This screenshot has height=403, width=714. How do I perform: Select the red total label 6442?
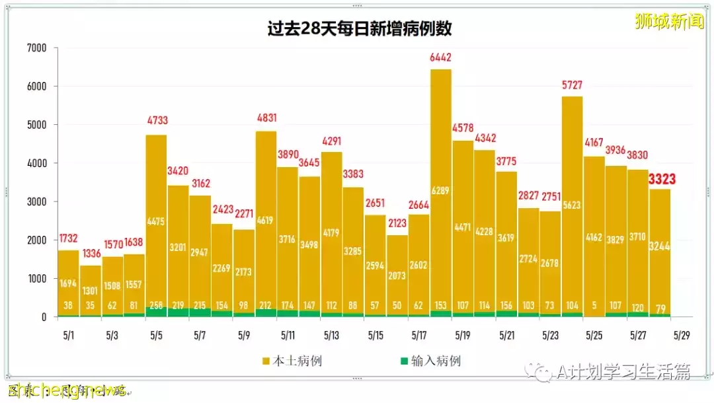pyautogui.click(x=441, y=57)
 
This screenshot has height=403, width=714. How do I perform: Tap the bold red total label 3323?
pyautogui.click(x=662, y=178)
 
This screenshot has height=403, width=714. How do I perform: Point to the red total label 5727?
pyautogui.click(x=573, y=85)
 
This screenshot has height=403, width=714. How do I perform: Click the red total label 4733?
pyautogui.click(x=157, y=121)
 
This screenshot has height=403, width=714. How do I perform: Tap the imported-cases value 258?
pyautogui.click(x=157, y=306)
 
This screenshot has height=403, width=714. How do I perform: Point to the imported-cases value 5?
pyautogui.click(x=594, y=306)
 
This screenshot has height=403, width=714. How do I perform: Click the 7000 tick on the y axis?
pyautogui.click(x=37, y=48)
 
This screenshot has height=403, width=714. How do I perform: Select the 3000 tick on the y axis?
pyautogui.click(x=37, y=201)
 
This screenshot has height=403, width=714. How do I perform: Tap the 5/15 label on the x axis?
pyautogui.click(x=376, y=336)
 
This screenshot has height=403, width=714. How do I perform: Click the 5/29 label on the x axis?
pyautogui.click(x=682, y=336)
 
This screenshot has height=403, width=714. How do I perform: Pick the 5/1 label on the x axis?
pyautogui.click(x=69, y=336)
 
